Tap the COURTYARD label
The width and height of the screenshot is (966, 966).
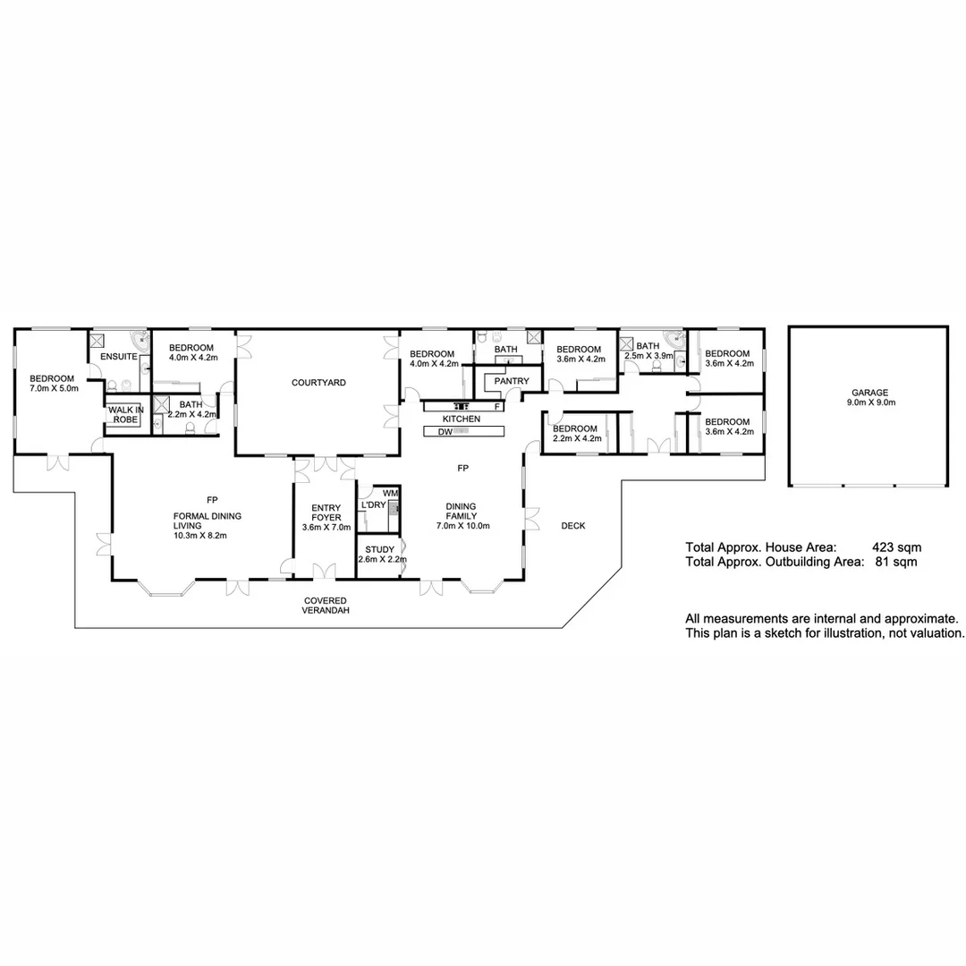tap(318, 383)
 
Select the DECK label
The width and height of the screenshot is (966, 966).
tap(573, 526)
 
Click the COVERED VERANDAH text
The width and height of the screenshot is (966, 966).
tap(326, 606)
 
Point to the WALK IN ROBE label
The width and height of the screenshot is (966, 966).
tap(126, 415)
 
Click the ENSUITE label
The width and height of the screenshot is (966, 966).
tap(118, 357)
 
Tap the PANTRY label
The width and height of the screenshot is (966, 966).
tap(512, 382)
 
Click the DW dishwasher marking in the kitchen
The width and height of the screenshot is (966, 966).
tap(445, 432)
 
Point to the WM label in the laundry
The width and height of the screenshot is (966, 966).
tap(390, 493)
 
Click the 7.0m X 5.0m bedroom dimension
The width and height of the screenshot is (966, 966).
tap(55, 389)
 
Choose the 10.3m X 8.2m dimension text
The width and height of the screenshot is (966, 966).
tap(201, 536)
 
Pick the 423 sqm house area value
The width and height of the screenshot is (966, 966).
tap(896, 547)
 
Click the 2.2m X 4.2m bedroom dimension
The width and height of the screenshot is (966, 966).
tap(576, 438)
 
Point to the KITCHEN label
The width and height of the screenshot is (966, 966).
tap(462, 419)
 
